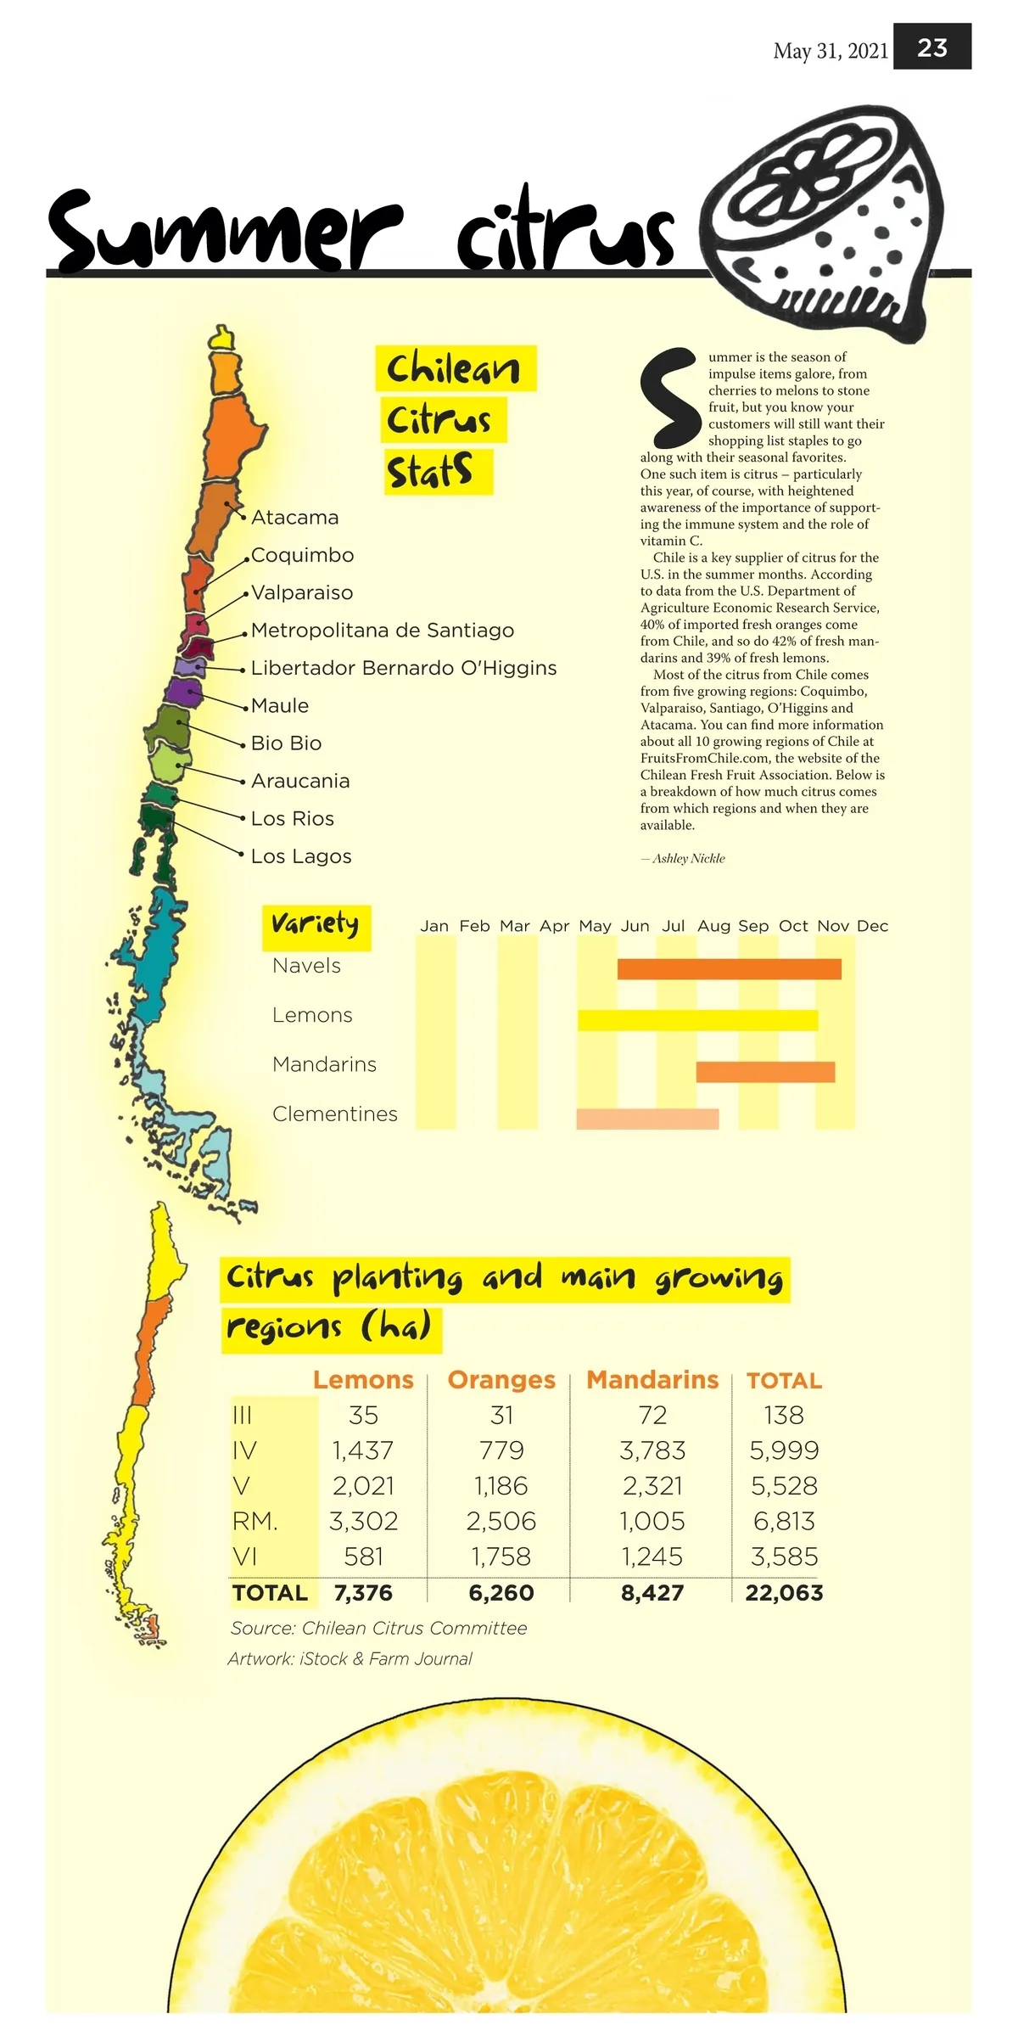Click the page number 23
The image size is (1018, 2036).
click(932, 48)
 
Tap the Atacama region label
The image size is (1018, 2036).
click(294, 518)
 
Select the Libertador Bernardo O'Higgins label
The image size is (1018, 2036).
click(404, 669)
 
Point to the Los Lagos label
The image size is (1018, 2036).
click(301, 856)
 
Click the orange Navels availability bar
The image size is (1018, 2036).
click(729, 969)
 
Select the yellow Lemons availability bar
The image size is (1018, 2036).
click(697, 1020)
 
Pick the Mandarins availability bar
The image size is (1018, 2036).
click(765, 1072)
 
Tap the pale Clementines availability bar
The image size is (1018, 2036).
click(647, 1119)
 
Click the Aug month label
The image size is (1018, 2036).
click(713, 926)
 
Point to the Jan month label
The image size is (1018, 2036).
click(434, 926)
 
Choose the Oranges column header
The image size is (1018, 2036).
click(501, 1380)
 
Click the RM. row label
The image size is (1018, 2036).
click(255, 1521)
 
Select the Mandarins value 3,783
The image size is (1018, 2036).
click(652, 1450)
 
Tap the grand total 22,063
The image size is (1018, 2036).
click(784, 1593)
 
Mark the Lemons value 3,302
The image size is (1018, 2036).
click(363, 1521)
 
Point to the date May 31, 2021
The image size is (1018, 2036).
click(831, 52)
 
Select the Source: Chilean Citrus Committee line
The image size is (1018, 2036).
click(378, 1629)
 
